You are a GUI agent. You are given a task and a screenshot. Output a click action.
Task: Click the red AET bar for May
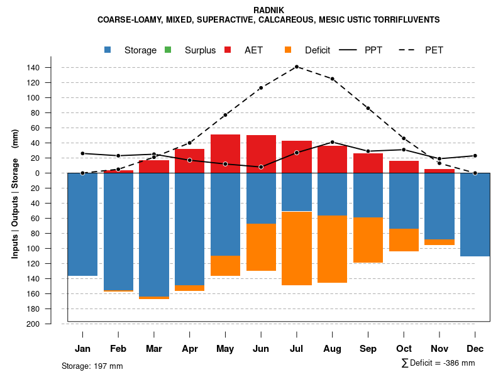pos(225,153)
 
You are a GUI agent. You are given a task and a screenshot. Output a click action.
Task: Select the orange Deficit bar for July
pos(297,248)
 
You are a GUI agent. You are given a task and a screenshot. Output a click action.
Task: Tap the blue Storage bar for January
pos(82,224)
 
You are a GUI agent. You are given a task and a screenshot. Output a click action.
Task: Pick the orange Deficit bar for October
pos(404,240)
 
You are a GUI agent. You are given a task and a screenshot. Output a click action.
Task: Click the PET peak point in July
pos(297,67)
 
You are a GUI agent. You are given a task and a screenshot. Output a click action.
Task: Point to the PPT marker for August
pos(333,142)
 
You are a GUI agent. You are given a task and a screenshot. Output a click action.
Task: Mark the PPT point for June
pos(261,167)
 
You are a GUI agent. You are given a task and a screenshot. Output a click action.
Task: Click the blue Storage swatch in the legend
pos(108,50)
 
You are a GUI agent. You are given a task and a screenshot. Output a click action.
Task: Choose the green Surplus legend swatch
pos(168,50)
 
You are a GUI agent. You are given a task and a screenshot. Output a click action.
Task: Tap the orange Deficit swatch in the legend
pos(288,50)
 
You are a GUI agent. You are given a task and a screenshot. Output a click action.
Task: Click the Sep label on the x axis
pos(368,349)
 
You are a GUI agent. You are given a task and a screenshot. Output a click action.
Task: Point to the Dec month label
pos(475,349)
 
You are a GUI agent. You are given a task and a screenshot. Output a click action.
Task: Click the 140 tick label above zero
pos(50,68)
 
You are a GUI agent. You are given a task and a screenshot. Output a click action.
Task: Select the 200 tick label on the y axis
pos(50,324)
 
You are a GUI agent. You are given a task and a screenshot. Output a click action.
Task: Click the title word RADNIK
pos(268,10)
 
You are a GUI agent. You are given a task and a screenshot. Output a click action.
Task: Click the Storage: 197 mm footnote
pos(92,366)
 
